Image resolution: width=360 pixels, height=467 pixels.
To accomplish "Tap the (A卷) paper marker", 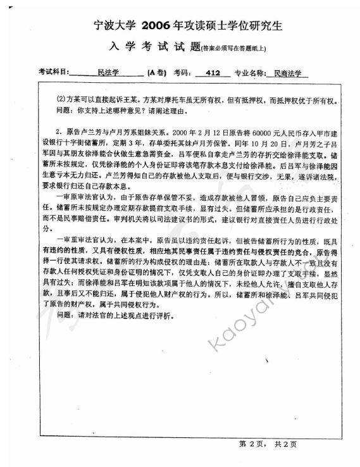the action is (x=157, y=73).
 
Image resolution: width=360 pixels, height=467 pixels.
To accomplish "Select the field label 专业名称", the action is (x=250, y=73).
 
